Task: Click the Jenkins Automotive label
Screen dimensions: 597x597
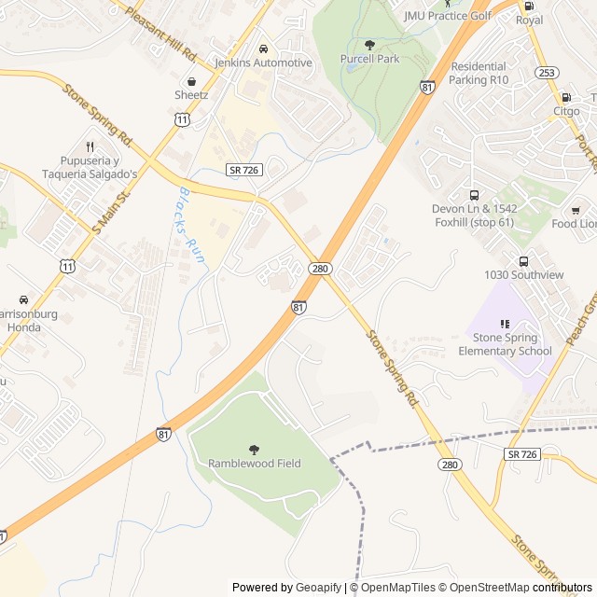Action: click(x=263, y=62)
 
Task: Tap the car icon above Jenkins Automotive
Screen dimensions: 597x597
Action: click(x=263, y=48)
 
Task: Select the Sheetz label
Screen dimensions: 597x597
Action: click(x=191, y=95)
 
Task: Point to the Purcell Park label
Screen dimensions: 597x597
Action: click(x=369, y=59)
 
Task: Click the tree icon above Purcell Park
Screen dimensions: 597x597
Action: click(x=369, y=44)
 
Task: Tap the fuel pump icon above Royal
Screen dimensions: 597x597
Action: click(x=529, y=6)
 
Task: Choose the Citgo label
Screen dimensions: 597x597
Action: click(x=566, y=111)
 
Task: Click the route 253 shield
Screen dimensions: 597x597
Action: click(x=548, y=72)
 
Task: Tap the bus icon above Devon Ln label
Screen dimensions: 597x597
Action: click(x=474, y=196)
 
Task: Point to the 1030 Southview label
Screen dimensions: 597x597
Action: click(x=523, y=275)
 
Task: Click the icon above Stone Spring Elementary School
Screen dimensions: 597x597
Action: click(x=505, y=324)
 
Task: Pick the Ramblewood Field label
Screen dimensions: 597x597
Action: click(x=254, y=464)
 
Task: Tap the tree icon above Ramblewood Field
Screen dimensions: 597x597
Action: click(x=254, y=449)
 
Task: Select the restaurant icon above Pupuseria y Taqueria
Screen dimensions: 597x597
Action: click(x=90, y=146)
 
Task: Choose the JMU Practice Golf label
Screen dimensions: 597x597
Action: click(x=447, y=16)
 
